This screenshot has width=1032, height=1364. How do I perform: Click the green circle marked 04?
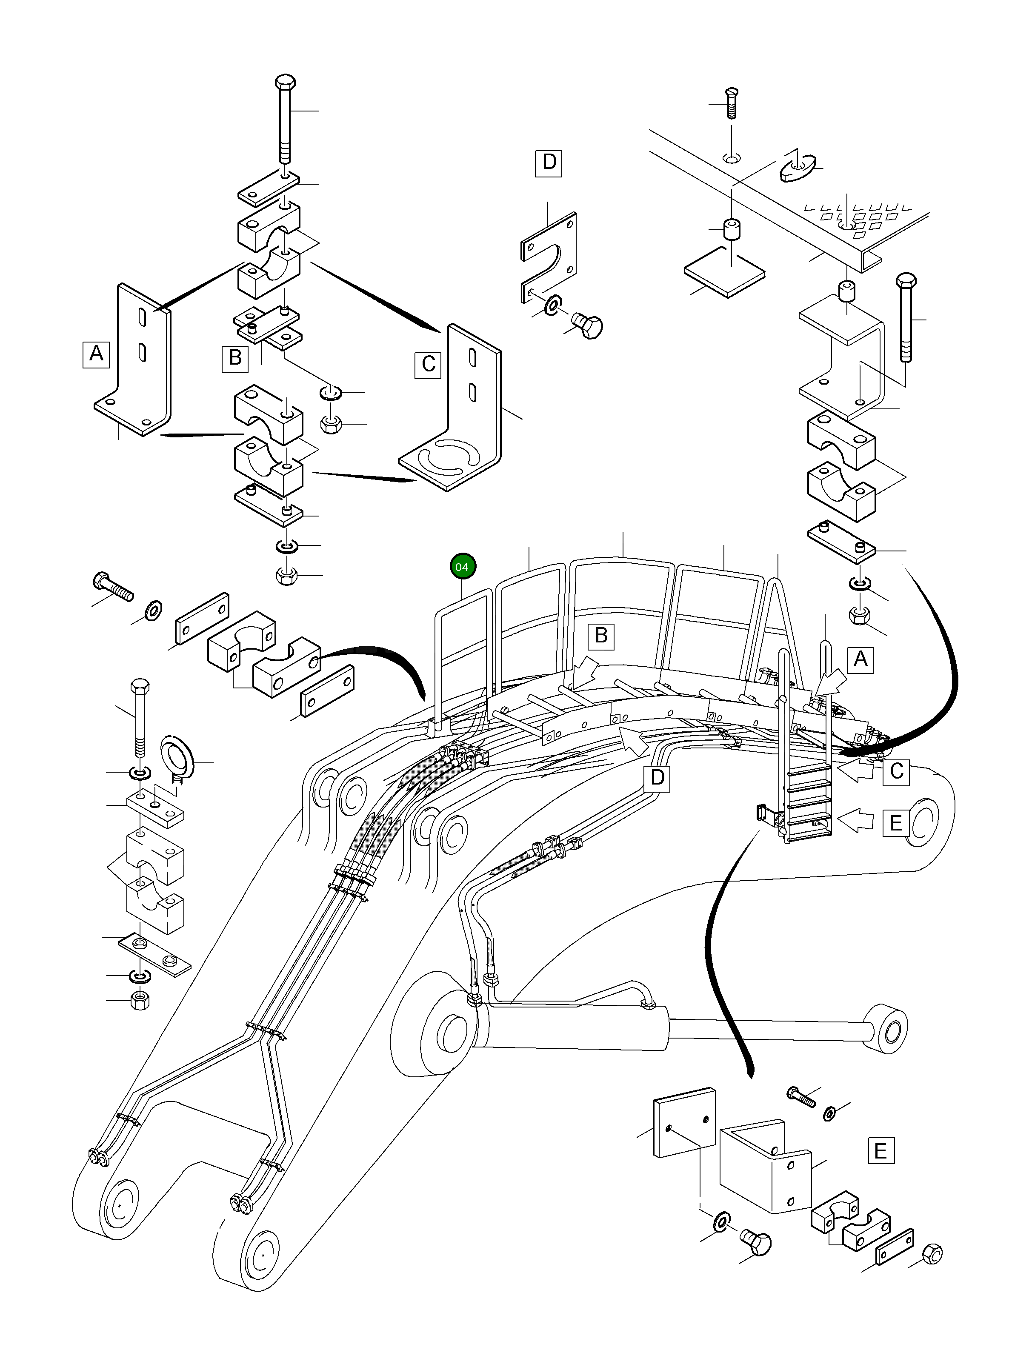coord(463,567)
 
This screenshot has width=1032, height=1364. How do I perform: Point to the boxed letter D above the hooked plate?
coord(549,163)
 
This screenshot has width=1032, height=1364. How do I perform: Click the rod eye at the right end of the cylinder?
coord(886,1029)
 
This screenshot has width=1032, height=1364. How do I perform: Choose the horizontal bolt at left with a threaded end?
coord(112,586)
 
